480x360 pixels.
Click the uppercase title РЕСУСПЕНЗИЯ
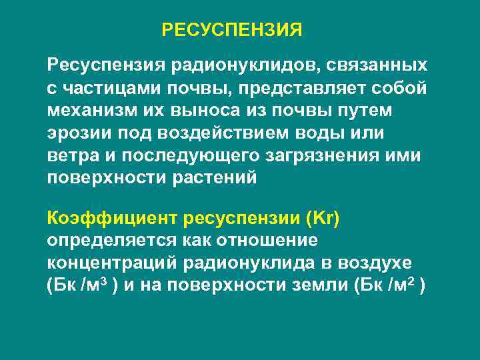tap(232, 30)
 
